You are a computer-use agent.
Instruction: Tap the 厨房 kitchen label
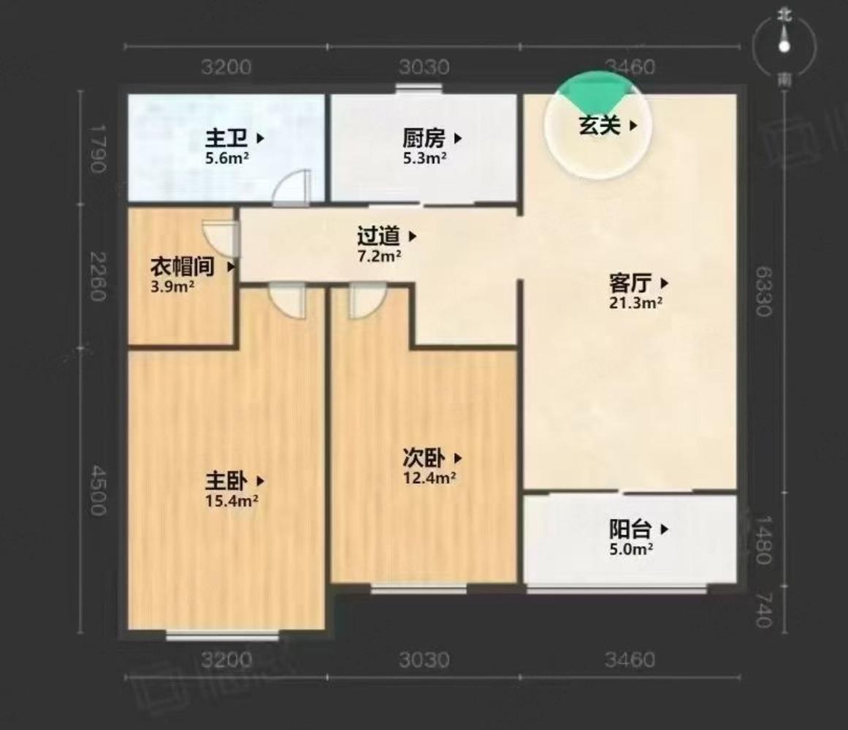pos(424,137)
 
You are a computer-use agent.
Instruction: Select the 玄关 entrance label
pos(600,126)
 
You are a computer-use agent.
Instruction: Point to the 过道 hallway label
pos(380,236)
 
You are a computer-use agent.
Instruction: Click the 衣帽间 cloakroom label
pos(183,266)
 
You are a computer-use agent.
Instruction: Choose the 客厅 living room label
pos(630,283)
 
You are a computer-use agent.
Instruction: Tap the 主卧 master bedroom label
pos(227,481)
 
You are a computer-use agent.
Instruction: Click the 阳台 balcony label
pos(630,529)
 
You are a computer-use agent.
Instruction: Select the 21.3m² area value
pos(635,303)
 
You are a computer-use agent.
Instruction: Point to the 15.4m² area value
pos(232,501)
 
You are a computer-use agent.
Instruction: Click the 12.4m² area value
pos(429,478)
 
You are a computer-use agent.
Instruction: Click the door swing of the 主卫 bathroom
pos(294,188)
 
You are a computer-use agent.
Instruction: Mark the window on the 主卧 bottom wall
pos(222,635)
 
